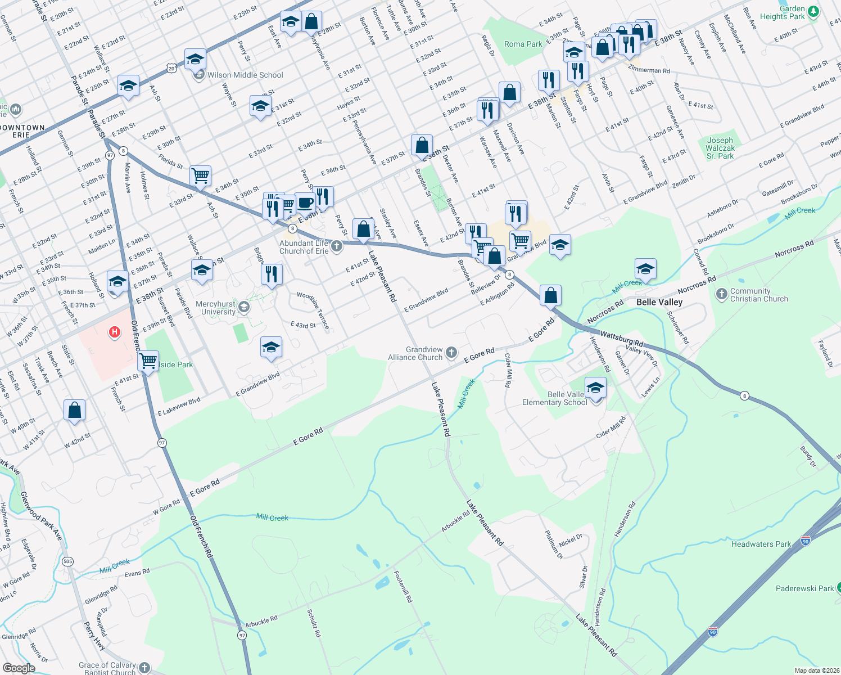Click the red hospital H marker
[x=115, y=332]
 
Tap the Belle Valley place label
[x=659, y=302]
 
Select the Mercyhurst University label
[x=215, y=308]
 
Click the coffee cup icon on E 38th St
[x=305, y=202]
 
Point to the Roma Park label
[x=523, y=44]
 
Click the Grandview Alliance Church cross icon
[x=451, y=353]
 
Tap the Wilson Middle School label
[x=245, y=75]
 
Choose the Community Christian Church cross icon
[x=722, y=294]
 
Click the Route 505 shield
[x=68, y=561]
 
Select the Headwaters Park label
[x=761, y=544]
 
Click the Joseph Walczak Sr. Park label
[x=720, y=148]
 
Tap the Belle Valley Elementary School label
[x=554, y=398]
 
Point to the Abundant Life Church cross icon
[x=336, y=246]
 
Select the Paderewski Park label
[x=804, y=588]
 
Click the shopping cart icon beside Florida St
[x=200, y=175]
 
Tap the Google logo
[x=19, y=668]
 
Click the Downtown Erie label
[x=22, y=131]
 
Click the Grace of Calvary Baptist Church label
[x=107, y=668]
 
